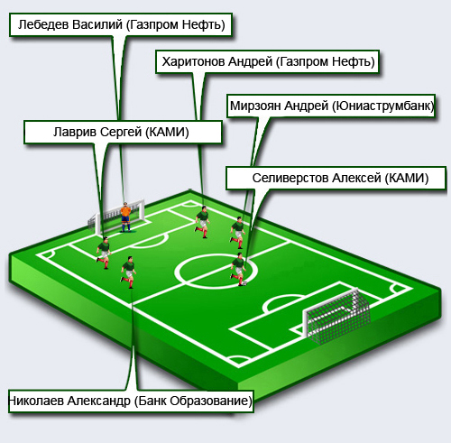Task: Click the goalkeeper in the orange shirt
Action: [x=125, y=217]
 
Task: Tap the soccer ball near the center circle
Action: [x=244, y=283]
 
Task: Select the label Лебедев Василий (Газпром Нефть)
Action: [x=121, y=24]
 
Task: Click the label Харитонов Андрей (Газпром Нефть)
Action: [x=268, y=61]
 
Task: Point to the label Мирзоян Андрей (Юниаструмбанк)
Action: [x=331, y=106]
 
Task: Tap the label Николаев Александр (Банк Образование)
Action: [x=131, y=401]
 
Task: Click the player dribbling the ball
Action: [x=238, y=269]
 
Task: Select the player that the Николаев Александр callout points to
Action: [x=129, y=272]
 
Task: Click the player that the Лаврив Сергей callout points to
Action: [x=104, y=253]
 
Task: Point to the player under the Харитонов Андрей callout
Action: [x=202, y=222]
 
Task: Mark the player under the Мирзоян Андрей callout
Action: [x=238, y=233]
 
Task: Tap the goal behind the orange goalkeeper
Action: [x=117, y=217]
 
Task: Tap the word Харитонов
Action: [x=193, y=61]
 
